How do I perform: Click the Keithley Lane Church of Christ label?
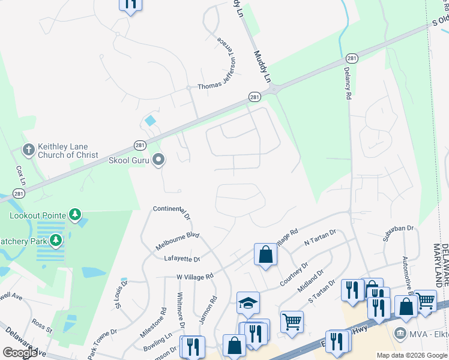pyautogui.click(x=68, y=150)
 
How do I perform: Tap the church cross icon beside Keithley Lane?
pyautogui.click(x=28, y=149)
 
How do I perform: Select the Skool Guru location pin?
pyautogui.click(x=158, y=160)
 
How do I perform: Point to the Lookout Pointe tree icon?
pyautogui.click(x=74, y=214)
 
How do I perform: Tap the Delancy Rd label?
pyautogui.click(x=347, y=83)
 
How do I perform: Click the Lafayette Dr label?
pyautogui.click(x=182, y=259)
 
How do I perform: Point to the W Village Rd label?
pyautogui.click(x=195, y=276)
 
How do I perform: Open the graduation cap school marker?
pyautogui.click(x=247, y=304)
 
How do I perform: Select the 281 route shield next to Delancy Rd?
pyautogui.click(x=352, y=58)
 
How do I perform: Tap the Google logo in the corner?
pyautogui.click(x=19, y=353)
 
